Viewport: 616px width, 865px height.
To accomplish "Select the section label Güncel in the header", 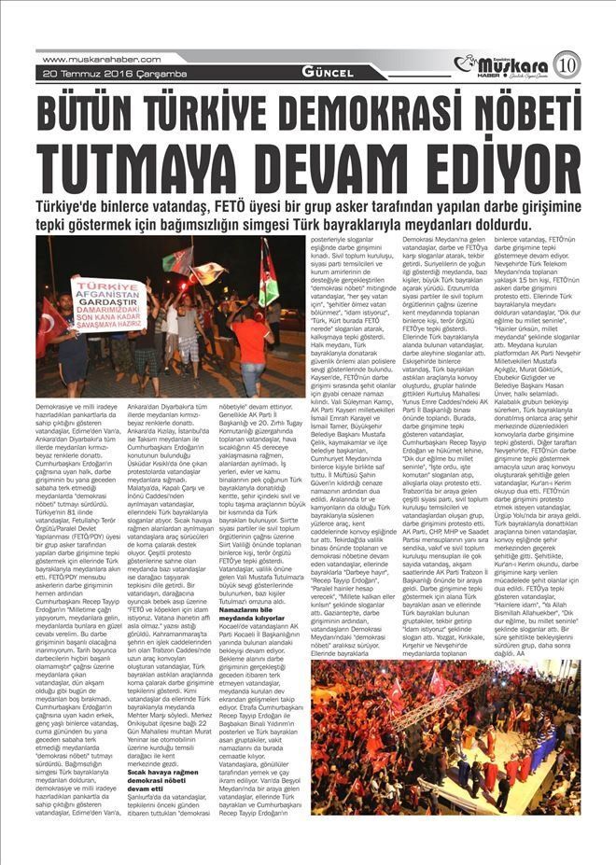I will (327, 72).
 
